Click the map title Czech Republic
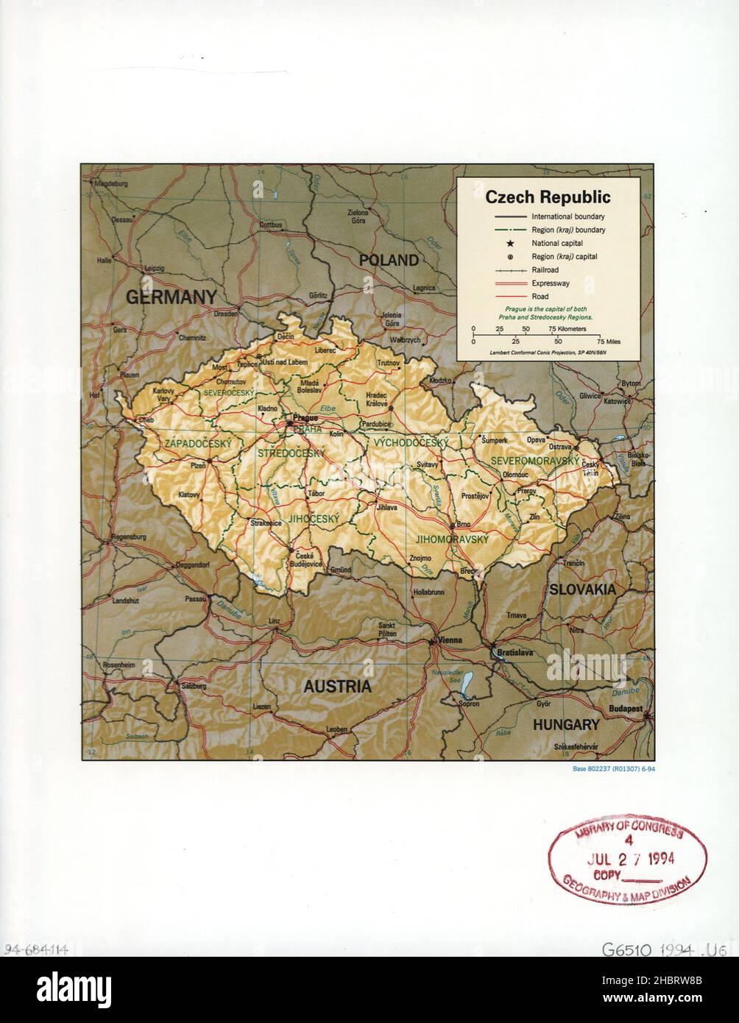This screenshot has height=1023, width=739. point(548,197)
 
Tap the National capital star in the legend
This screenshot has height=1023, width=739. point(509,243)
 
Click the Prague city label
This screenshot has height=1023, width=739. point(305,417)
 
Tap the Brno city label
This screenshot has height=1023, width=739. point(463,525)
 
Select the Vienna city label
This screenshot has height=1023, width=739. point(450,640)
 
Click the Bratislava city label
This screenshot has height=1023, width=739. point(515,653)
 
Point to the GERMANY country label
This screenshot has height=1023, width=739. point(171,297)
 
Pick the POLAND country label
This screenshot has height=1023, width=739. point(389,260)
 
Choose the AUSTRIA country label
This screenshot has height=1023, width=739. point(338,687)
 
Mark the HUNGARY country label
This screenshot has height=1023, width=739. point(566,724)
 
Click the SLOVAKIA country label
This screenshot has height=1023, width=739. point(581,590)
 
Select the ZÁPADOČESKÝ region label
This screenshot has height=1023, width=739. point(197,444)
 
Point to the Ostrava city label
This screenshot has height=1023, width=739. point(561,447)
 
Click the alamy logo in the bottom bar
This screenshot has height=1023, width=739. point(74,985)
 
